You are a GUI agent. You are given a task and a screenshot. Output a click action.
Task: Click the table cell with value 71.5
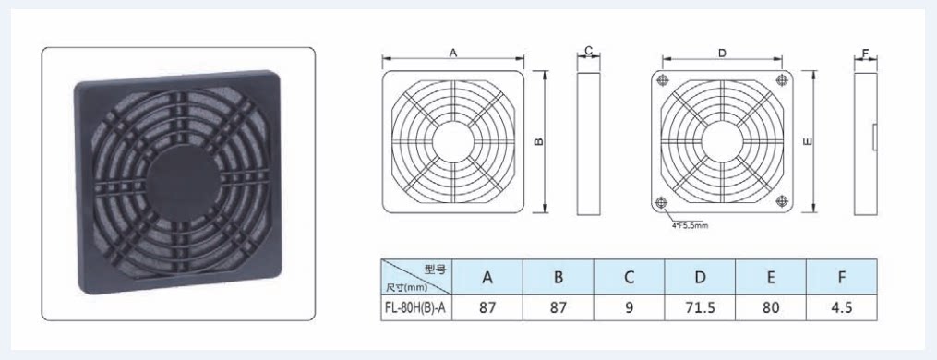(x=700, y=307)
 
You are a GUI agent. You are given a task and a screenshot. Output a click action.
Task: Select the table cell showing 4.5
(x=841, y=307)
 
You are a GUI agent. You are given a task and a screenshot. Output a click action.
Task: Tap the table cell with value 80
(x=771, y=307)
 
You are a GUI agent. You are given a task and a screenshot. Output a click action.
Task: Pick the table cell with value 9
(x=630, y=307)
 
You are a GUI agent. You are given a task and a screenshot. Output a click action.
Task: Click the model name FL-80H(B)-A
(x=416, y=308)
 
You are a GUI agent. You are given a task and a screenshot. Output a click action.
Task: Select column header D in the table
(x=700, y=277)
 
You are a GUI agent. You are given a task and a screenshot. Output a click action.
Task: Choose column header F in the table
(x=841, y=277)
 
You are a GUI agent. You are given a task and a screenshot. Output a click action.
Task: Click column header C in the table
(x=630, y=277)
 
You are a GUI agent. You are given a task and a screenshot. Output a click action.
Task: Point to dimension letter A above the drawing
(x=453, y=54)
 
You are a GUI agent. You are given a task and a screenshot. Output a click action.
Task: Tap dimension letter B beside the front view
(x=538, y=142)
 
